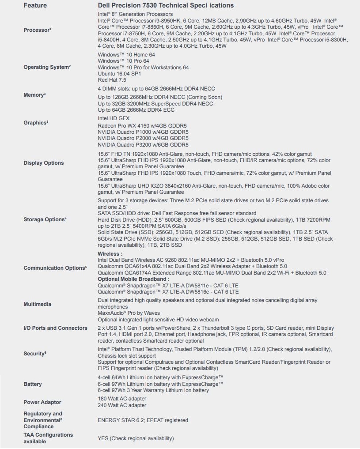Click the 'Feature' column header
pyautogui.click(x=35, y=5)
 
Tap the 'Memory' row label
pyautogui.click(x=34, y=95)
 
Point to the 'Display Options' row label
pyautogui.click(x=43, y=163)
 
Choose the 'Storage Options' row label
pyautogui.click(x=45, y=219)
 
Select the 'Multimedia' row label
pyautogui.click(x=37, y=304)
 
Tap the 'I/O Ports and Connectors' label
pyautogui.click(x=55, y=328)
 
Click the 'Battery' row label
pyautogui.click(x=32, y=384)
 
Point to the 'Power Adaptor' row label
pyautogui.click(x=42, y=402)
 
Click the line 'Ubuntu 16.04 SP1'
pyautogui.click(x=119, y=74)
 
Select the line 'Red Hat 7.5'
pyautogui.click(x=112, y=80)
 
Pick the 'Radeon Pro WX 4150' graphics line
pyautogui.click(x=143, y=125)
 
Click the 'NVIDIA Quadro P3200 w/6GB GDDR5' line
pyautogui.click(x=143, y=144)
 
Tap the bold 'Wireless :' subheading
pyautogui.click(x=110, y=254)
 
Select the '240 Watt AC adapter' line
pyautogui.click(x=121, y=405)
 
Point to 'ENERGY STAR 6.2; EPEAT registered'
pyautogui.click(x=143, y=420)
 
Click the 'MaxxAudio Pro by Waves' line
pyautogui.click(x=129, y=313)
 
